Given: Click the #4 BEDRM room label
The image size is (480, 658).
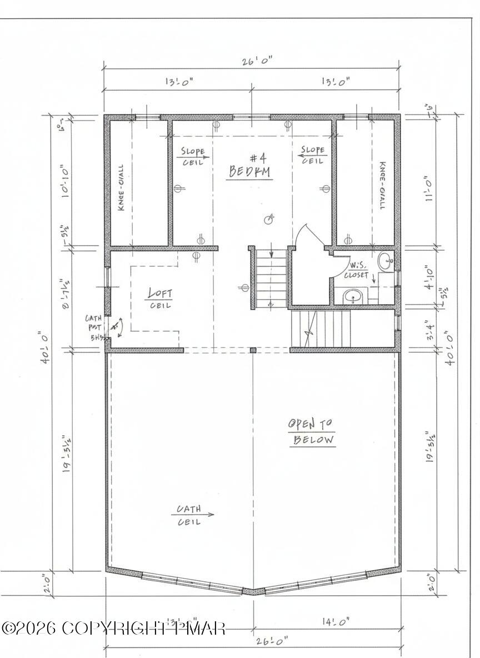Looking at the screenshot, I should pyautogui.click(x=250, y=165).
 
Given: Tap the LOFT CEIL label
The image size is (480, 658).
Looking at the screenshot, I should pyautogui.click(x=160, y=298).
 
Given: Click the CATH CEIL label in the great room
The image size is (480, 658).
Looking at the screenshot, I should pyautogui.click(x=189, y=515).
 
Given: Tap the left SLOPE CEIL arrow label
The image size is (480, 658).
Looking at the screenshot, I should pyautogui.click(x=193, y=156).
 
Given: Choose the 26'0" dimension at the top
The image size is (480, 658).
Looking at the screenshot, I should pyautogui.click(x=251, y=61).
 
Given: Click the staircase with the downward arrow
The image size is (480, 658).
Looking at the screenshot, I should pyautogui.click(x=271, y=277).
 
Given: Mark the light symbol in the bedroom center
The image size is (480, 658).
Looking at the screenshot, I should pyautogui.click(x=269, y=219).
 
